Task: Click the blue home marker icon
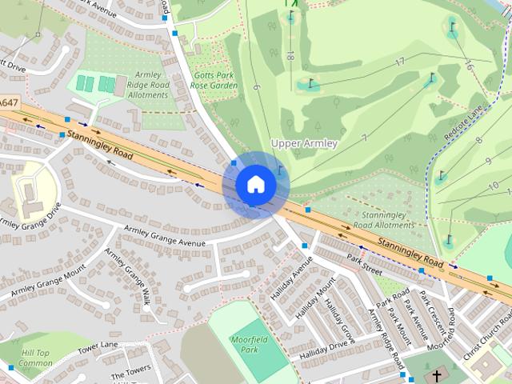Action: click(255, 184)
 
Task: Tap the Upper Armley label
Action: click(304, 143)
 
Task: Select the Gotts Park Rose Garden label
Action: click(214, 80)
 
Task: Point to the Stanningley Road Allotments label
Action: click(389, 221)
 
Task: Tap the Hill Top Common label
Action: click(35, 358)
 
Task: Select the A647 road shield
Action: click(8, 104)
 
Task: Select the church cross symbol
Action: click(437, 375)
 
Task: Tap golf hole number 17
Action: click(398, 62)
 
